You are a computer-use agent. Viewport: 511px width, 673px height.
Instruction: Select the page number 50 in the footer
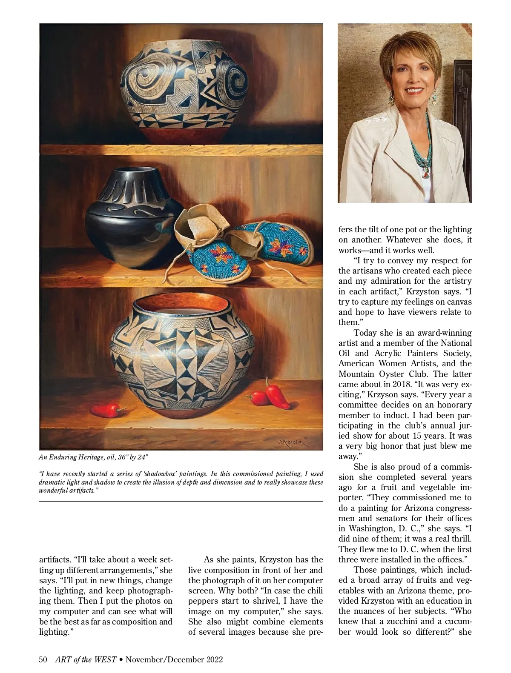[43, 660]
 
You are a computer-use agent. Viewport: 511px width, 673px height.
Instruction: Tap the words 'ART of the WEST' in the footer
[86, 660]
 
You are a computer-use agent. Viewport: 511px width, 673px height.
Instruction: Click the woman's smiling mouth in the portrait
[405, 91]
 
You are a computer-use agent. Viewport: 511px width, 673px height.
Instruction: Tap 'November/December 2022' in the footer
[174, 660]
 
